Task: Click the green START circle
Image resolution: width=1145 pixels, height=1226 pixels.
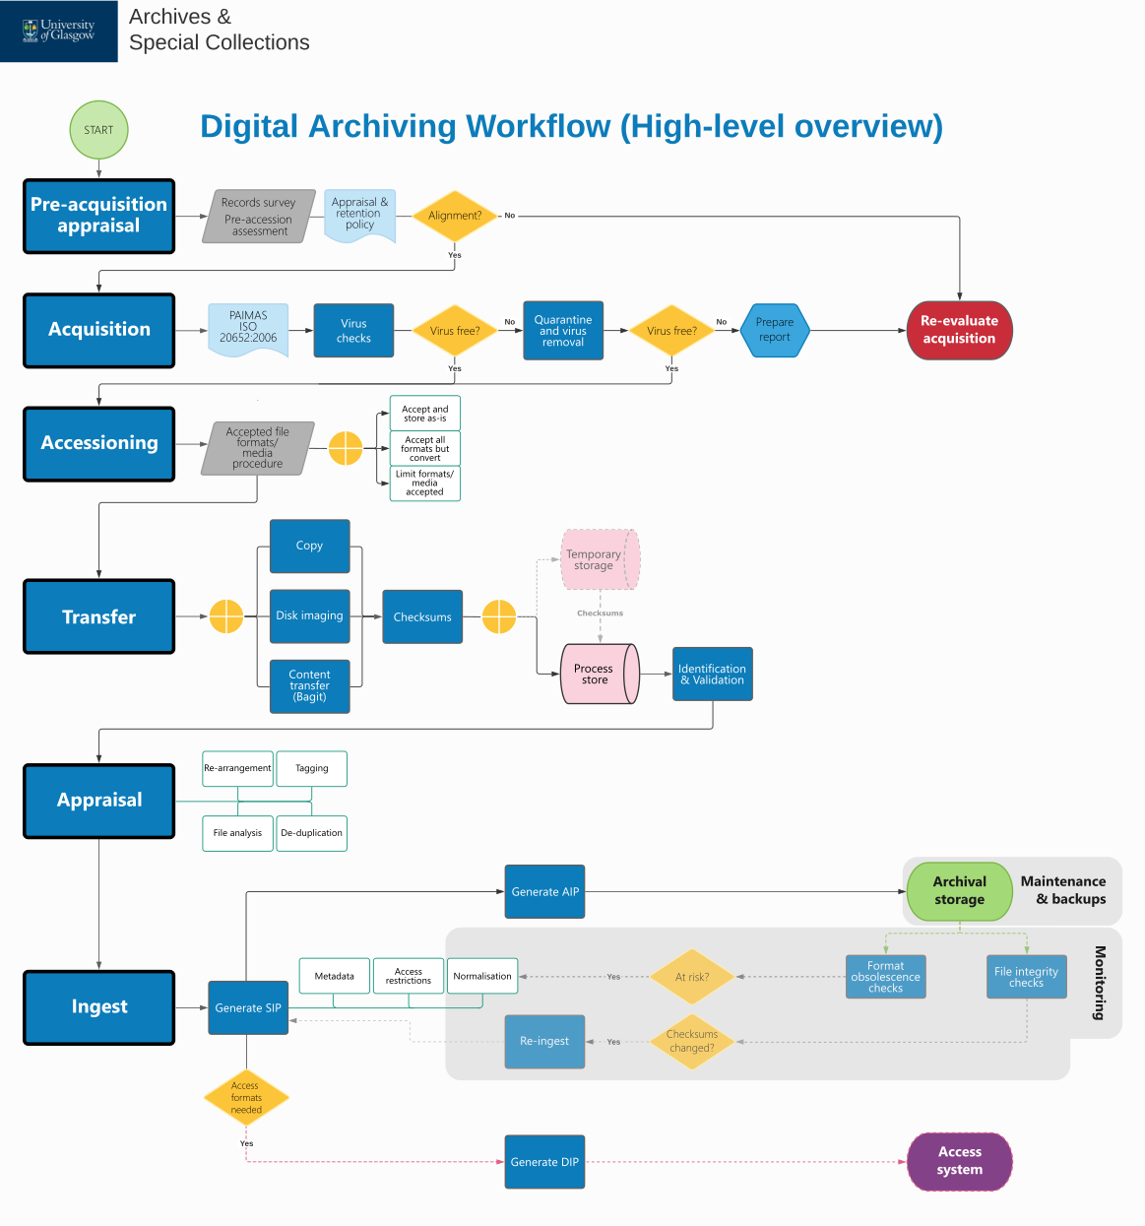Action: pos(98,130)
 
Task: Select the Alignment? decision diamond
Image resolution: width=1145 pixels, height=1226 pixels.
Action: pos(455,216)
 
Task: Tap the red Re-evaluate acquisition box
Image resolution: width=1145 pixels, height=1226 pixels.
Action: pos(959,330)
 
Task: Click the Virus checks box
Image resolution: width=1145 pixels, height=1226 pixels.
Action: pos(353,331)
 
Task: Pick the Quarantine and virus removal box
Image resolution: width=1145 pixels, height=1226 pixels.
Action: pos(563,331)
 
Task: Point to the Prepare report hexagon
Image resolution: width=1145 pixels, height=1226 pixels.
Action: pos(775,331)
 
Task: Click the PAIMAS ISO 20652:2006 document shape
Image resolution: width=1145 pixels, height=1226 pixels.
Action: pos(248,329)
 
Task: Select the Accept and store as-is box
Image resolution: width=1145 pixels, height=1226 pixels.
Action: pos(424,414)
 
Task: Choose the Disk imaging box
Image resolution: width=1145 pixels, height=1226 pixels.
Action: pos(309,615)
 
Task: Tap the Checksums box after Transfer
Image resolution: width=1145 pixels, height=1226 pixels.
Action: pos(422,617)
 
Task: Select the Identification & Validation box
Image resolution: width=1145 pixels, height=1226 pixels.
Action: pos(712,674)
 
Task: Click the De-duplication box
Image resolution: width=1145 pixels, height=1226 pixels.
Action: pos(311,833)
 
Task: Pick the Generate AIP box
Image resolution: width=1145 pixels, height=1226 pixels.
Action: pos(544,892)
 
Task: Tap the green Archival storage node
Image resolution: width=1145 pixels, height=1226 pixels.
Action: pos(959,891)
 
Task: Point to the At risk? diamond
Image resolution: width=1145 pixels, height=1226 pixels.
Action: pos(692,977)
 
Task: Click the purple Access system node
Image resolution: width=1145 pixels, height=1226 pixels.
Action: pos(959,1161)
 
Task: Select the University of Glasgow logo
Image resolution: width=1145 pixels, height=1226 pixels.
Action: pos(59,31)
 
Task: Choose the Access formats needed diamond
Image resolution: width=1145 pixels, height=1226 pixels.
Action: pos(246,1098)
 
